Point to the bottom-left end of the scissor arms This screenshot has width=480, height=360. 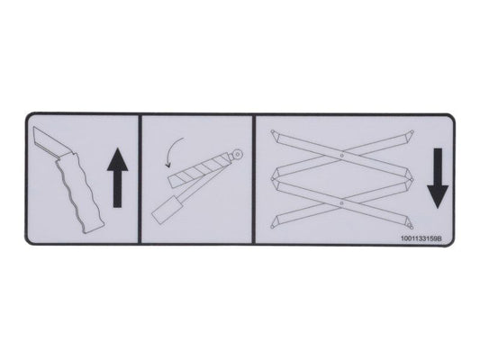[275, 229]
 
